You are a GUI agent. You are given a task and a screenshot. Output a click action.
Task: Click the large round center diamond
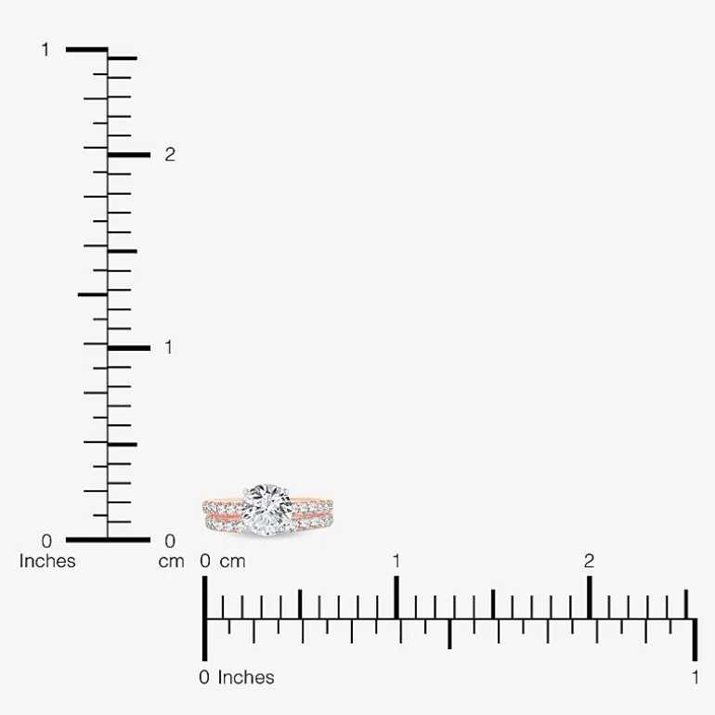(x=267, y=510)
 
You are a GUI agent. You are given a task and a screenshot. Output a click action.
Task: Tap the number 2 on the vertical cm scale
(x=170, y=155)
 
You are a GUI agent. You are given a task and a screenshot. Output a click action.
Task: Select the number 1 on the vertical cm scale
(x=169, y=348)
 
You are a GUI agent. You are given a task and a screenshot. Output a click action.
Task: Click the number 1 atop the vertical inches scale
(x=45, y=50)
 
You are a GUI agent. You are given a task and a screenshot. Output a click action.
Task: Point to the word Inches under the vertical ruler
(x=47, y=562)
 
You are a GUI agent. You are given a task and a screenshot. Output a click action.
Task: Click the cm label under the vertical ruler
(x=172, y=562)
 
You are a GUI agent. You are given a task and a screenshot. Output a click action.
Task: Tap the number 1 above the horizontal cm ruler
(x=396, y=562)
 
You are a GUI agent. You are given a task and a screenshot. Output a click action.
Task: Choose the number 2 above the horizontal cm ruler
(x=589, y=562)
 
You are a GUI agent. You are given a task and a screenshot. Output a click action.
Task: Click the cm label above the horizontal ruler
(x=232, y=562)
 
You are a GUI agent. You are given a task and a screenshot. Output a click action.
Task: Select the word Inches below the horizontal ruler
(x=246, y=678)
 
